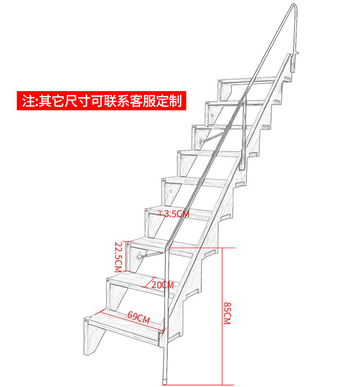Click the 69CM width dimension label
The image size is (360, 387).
[x=139, y=317]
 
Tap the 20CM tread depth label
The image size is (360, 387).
[x=162, y=285]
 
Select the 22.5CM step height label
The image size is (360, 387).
[x=119, y=257]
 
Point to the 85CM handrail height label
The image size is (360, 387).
[x=227, y=313]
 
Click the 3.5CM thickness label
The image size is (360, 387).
[x=177, y=214]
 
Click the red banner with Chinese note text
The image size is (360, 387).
[x=101, y=101]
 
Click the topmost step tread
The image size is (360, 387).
[x=247, y=81]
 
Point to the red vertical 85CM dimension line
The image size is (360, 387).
[x=222, y=316]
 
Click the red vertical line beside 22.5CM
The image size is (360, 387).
[x=126, y=257]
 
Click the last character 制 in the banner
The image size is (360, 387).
[x=176, y=101]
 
